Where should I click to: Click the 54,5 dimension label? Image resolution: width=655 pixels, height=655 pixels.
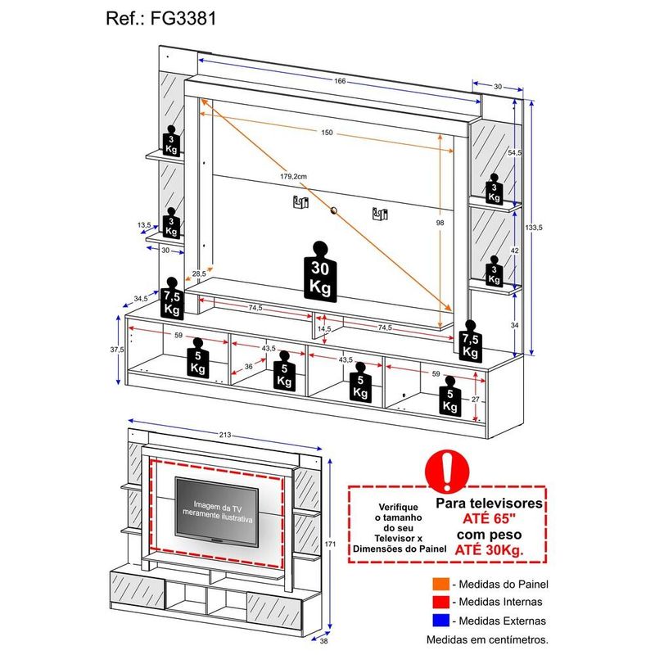[514, 153]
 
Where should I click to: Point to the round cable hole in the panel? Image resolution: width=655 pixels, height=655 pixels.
[334, 211]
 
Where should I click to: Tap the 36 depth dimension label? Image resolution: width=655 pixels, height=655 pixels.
[249, 367]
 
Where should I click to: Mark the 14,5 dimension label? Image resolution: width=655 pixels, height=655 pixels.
[326, 328]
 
